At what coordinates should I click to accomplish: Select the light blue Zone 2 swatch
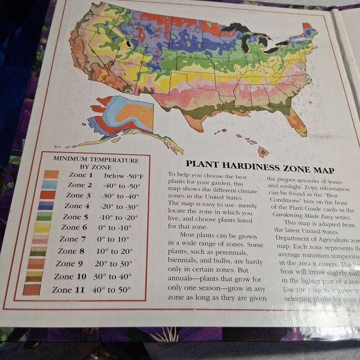tap(50, 185)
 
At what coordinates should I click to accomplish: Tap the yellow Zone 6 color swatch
tap(43, 227)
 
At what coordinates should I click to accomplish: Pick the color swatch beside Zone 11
tap(32, 289)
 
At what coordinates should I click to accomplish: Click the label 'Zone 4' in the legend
tap(78, 206)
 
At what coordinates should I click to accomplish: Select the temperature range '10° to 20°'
tap(114, 251)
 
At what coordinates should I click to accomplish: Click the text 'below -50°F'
tap(123, 177)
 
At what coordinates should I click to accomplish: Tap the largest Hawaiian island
tap(263, 151)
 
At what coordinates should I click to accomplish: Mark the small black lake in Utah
tap(129, 44)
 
